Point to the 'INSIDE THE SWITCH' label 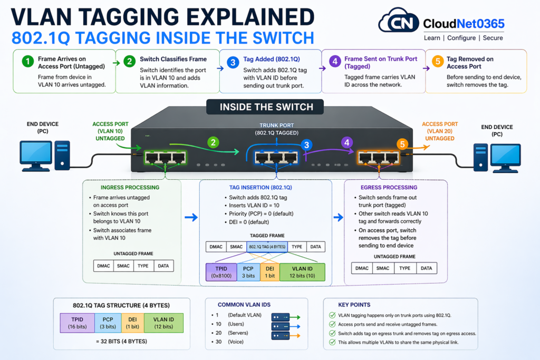click(266, 107)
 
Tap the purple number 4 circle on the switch click(346, 142)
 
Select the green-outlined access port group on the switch click(165, 156)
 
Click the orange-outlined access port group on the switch click(378, 156)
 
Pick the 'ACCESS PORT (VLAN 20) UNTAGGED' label click(440, 131)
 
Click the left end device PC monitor click(36, 153)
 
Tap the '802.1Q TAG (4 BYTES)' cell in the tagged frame click(267, 247)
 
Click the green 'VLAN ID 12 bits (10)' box click(302, 271)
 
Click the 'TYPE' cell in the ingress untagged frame click(143, 266)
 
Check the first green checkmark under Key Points click(332, 315)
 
